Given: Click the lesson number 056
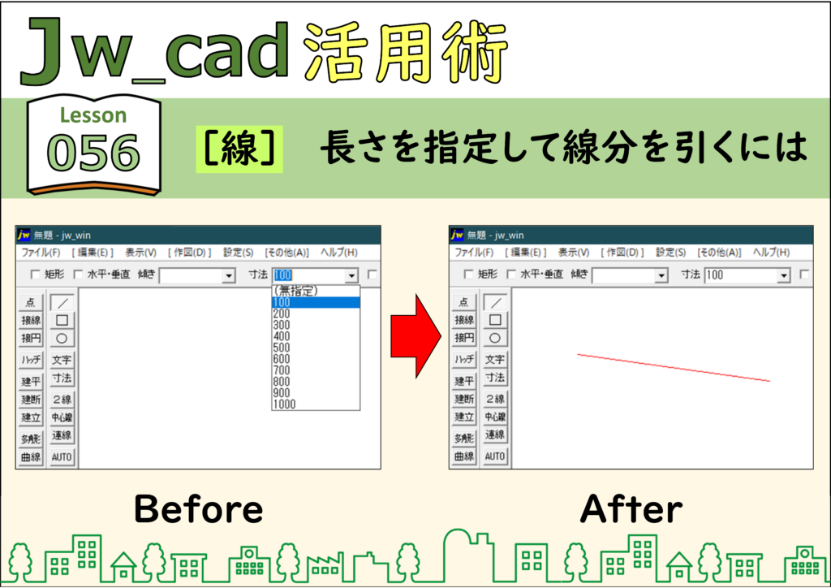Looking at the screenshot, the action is [93, 153].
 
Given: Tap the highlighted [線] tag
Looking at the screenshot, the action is [239, 149].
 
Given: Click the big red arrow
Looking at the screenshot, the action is [416, 336].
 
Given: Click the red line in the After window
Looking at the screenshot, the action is [674, 367].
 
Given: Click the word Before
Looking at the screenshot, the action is [199, 508].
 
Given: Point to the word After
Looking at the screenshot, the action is [631, 508].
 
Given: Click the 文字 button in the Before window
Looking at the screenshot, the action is [62, 360].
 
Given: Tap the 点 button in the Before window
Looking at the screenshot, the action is [31, 302].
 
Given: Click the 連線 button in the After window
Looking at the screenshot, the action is [495, 435].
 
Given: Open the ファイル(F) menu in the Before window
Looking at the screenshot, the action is [41, 253].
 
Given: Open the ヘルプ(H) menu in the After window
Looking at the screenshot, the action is [771, 253].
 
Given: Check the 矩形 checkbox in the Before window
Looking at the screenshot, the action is [36, 275].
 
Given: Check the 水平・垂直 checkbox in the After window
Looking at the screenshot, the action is [511, 275].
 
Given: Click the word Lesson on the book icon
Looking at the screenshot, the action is [93, 115].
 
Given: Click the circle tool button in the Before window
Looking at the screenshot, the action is [62, 339].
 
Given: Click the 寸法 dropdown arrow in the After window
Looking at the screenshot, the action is [784, 275].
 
